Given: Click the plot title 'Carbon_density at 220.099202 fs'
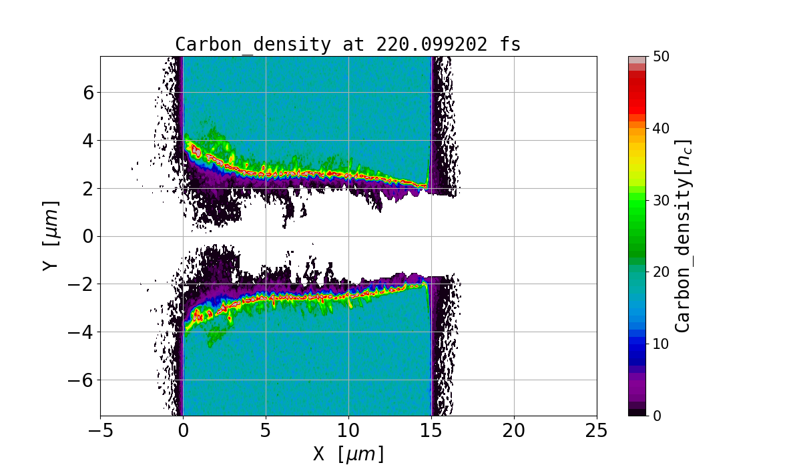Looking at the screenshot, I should point(348,45).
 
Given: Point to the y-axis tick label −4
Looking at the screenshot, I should point(81,332).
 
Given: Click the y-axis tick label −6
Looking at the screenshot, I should point(81,380).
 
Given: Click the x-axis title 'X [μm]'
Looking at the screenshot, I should point(348,454).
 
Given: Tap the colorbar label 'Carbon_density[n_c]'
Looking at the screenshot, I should point(682,236).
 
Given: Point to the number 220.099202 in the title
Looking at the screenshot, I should point(430,45).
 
